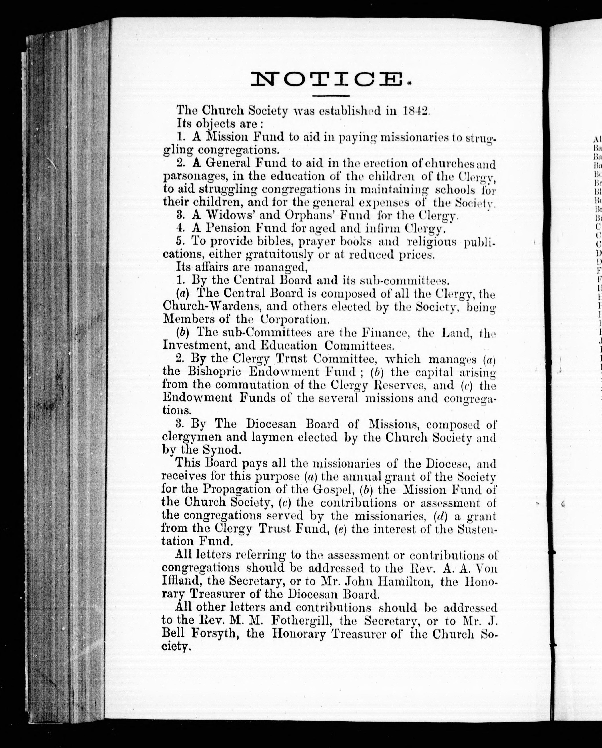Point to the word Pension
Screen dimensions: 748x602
[229, 228]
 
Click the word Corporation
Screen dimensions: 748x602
[291, 319]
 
